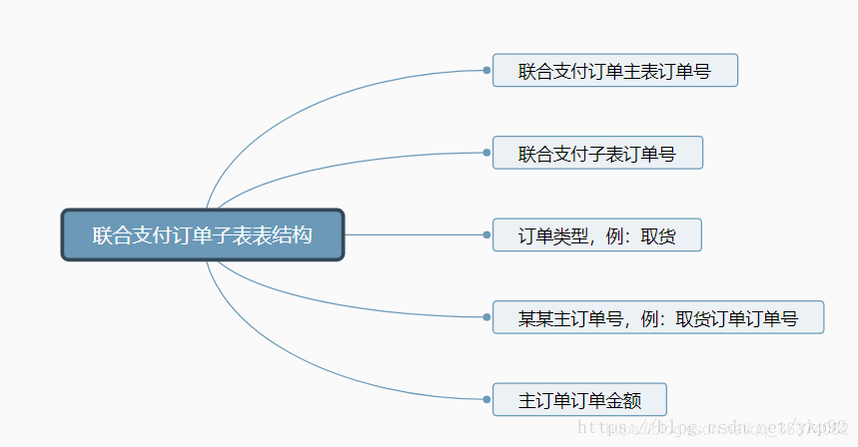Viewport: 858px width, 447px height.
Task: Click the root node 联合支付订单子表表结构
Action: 203,235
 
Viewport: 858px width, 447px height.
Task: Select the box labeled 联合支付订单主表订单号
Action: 614,71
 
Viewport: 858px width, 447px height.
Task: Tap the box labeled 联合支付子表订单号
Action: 597,154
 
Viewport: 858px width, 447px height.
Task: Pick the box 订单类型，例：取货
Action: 596,235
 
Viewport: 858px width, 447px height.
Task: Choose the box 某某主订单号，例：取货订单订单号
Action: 657,318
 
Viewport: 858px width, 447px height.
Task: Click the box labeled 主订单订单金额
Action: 578,400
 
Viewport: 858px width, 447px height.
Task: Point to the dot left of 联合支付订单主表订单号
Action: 486,70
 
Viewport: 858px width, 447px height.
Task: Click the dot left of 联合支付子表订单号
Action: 486,153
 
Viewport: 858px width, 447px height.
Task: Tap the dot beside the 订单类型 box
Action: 486,235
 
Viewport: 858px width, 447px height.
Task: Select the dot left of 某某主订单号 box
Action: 486,317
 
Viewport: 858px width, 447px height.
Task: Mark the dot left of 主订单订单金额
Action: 486,400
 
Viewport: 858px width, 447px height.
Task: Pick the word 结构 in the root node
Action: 297,235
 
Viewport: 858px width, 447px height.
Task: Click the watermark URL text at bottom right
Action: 714,428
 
